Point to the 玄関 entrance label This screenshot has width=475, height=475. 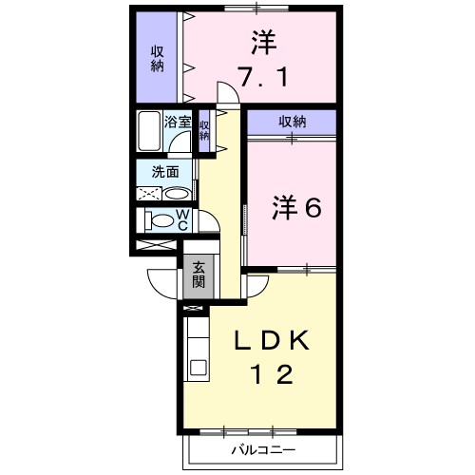(199, 275)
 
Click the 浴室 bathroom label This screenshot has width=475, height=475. (177, 122)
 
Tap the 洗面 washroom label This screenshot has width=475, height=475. (165, 172)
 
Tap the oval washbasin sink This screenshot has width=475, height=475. (176, 193)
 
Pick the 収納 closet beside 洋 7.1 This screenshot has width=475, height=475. (156, 58)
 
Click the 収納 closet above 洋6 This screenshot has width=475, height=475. (292, 122)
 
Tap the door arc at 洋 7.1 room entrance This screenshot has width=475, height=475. (228, 93)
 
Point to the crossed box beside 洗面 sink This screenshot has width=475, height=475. (149, 193)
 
